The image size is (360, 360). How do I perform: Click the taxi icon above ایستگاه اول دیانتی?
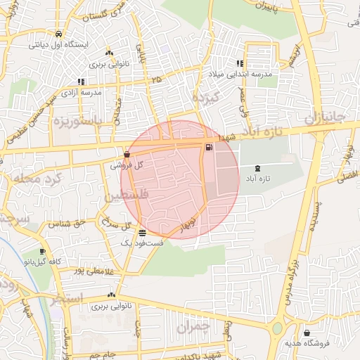pos(58,34)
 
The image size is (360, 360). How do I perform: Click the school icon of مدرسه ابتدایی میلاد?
pos(240,63)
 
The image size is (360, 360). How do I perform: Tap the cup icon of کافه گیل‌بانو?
pos(43,252)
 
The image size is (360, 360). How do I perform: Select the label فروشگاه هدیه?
pos(307,343)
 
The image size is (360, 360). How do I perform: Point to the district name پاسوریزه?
pos(77,121)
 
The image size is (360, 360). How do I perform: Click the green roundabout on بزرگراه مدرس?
pos(276,328)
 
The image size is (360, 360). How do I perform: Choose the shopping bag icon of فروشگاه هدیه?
pos(307,333)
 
